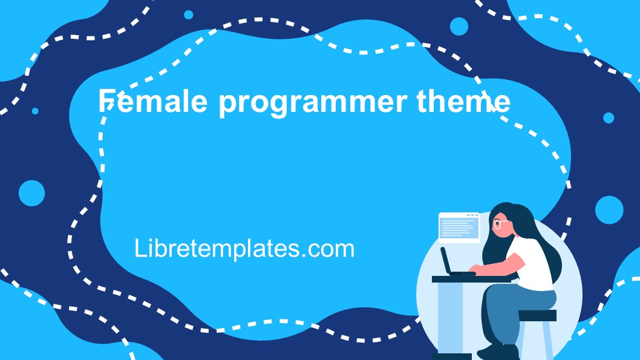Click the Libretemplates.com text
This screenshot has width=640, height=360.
[244, 248]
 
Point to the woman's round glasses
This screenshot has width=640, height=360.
[500, 224]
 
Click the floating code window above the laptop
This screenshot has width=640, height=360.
[459, 227]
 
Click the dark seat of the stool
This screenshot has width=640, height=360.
[537, 315]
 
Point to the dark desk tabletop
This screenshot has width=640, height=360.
[460, 279]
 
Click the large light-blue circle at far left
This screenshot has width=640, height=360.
[31, 193]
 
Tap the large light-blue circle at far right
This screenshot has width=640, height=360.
[609, 209]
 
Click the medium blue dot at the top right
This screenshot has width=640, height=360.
[459, 26]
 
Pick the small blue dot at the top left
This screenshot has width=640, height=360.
[188, 15]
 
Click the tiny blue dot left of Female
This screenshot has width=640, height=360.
[35, 111]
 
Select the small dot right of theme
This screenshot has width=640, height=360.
[608, 118]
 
